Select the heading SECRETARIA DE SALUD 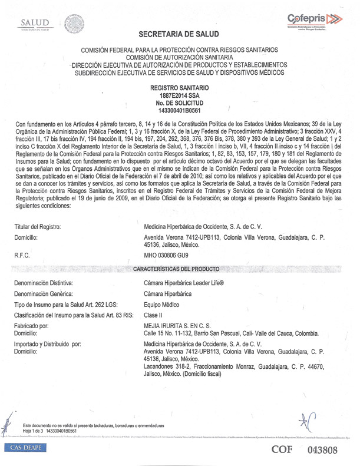pyautogui.click(x=179, y=35)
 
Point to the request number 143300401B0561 pyautogui.click(x=180, y=109)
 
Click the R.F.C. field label pyautogui.click(x=22, y=257)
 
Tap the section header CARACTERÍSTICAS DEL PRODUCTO pyautogui.click(x=180, y=269)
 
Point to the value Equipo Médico pyautogui.click(x=161, y=305)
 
